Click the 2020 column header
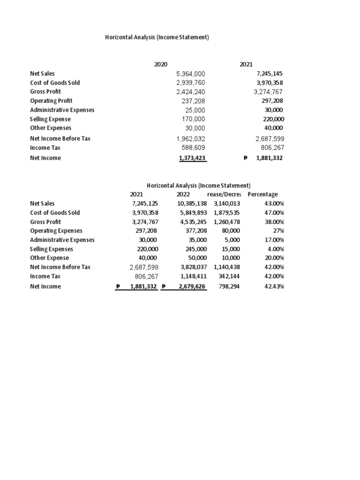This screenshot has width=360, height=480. click(161, 65)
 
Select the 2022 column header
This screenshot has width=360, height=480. click(183, 195)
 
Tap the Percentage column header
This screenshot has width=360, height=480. click(262, 195)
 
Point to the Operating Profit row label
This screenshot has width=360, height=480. click(51, 101)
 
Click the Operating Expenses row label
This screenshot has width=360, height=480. click(56, 231)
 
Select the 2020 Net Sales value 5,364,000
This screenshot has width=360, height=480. click(190, 74)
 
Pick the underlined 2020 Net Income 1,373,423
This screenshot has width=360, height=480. click(193, 158)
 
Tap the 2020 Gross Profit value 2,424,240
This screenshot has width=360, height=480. click(190, 92)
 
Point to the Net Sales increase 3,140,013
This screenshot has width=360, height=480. click(226, 203)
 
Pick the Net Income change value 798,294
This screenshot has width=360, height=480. click(229, 287)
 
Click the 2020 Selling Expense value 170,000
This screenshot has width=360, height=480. click(193, 119)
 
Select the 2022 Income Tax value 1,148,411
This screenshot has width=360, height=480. click(193, 277)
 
